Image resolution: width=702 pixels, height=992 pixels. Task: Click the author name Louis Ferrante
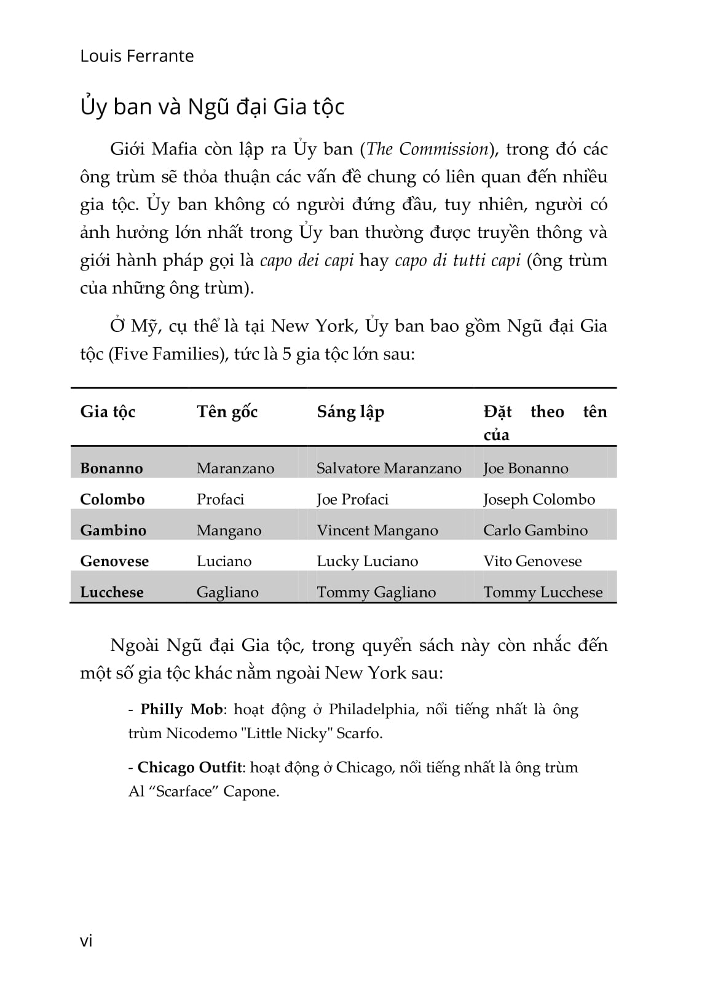pyautogui.click(x=136, y=56)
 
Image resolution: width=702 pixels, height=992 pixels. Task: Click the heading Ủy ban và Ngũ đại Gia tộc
pyautogui.click(x=212, y=107)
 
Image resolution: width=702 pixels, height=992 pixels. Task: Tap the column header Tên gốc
pyautogui.click(x=227, y=412)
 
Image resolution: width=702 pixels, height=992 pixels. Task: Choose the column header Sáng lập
pyautogui.click(x=350, y=412)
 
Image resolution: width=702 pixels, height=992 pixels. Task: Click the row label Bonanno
pyautogui.click(x=111, y=468)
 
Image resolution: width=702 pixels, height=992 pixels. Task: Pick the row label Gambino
pyautogui.click(x=113, y=530)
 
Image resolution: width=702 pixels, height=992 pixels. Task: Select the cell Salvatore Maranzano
pyautogui.click(x=388, y=468)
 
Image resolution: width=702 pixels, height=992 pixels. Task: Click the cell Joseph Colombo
pyautogui.click(x=538, y=499)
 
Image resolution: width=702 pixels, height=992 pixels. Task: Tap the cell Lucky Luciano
pyautogui.click(x=367, y=561)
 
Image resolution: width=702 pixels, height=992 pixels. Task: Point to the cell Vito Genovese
pyautogui.click(x=532, y=561)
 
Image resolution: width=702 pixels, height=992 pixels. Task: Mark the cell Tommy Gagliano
pyautogui.click(x=376, y=592)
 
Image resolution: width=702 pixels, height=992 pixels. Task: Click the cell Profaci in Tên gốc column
pyautogui.click(x=220, y=499)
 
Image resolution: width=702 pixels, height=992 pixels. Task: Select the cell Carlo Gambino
pyautogui.click(x=535, y=530)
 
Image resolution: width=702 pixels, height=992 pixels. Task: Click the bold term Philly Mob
pyautogui.click(x=181, y=709)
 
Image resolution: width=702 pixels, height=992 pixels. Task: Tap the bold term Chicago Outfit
pyautogui.click(x=189, y=768)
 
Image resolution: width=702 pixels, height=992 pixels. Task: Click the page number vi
pyautogui.click(x=86, y=941)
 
